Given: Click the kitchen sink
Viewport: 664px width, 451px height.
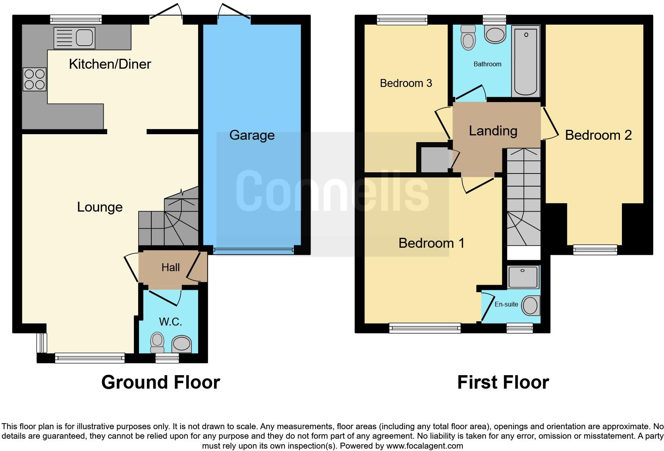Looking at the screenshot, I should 75,38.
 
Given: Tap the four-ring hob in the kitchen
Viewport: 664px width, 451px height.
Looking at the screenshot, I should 35,79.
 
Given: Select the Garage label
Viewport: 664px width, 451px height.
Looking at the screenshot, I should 252,135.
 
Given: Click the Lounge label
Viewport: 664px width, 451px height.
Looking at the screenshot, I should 100,207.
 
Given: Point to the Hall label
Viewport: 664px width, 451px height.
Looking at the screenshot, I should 170,268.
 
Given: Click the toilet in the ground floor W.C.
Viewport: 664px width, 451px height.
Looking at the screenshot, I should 157,342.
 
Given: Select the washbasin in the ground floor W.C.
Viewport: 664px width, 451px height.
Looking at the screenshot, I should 181,343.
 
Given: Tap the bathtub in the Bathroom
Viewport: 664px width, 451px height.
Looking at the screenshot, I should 525,60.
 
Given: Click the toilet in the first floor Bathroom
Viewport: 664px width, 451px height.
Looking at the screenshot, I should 469,38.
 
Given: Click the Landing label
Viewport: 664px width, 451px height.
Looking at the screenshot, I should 493,131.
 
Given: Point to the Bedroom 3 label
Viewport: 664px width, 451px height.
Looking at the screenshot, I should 406,83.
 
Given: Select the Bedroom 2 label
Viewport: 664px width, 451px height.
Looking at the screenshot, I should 598,135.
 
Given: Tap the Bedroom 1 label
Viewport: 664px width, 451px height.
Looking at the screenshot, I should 431,243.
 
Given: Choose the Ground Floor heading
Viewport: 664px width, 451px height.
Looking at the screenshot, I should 160,382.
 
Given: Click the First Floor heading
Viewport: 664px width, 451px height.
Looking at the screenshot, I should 503,382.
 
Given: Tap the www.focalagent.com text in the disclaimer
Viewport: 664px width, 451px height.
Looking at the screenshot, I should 425,446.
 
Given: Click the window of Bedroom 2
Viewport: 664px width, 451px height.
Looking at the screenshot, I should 595,249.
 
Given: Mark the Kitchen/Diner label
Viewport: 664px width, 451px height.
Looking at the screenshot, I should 110,64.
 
